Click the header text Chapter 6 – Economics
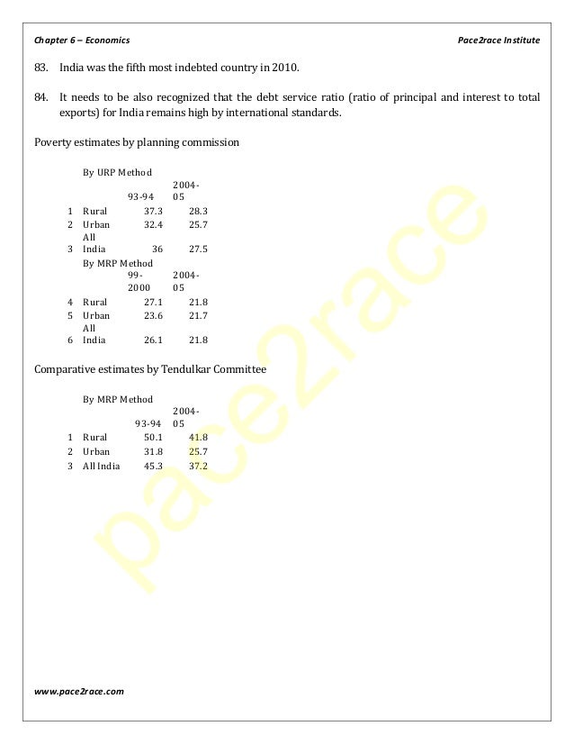pyautogui.click(x=82, y=41)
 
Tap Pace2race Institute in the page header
pyautogui.click(x=498, y=41)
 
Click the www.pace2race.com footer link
pyautogui.click(x=79, y=691)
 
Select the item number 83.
pyautogui.click(x=42, y=68)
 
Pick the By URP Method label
pyautogui.click(x=117, y=171)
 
